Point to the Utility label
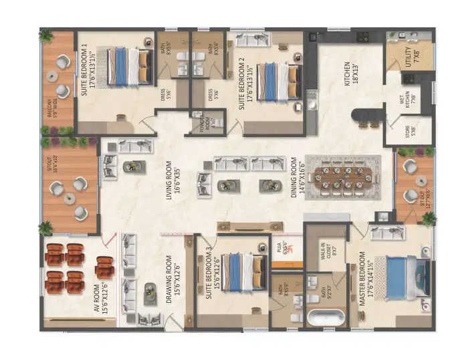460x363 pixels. click(x=409, y=56)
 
